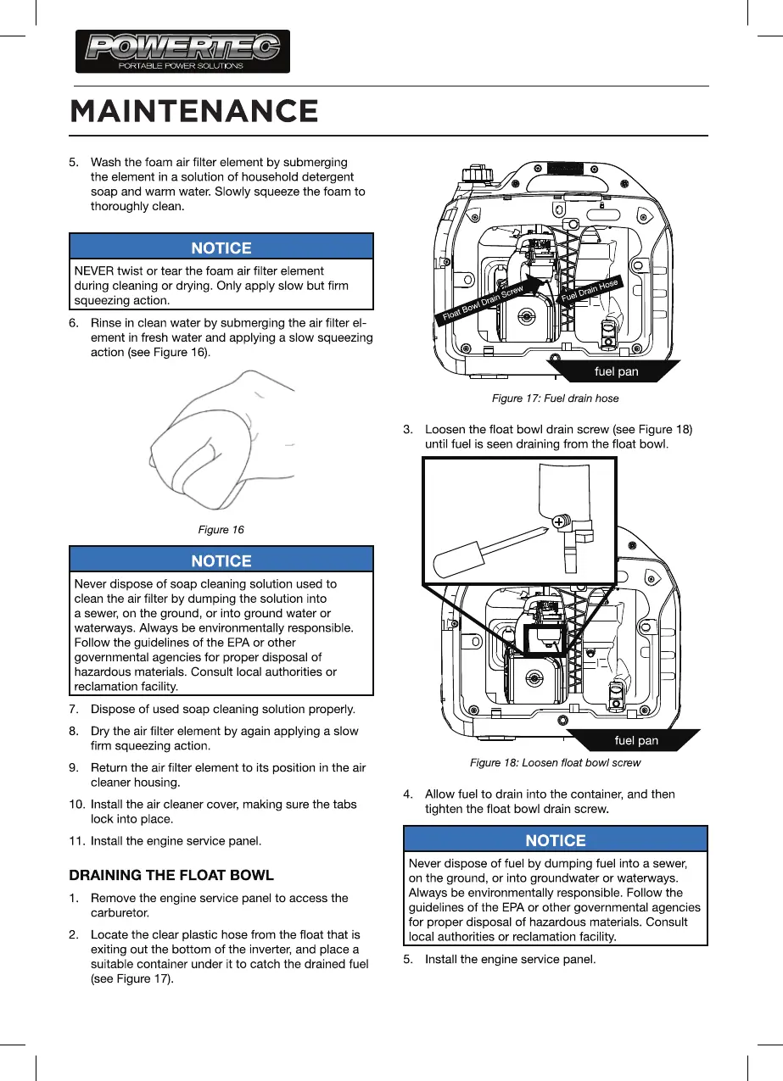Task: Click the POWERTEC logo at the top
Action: click(182, 51)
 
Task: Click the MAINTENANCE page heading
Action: click(194, 111)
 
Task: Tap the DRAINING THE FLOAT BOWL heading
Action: click(171, 874)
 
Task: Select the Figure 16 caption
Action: click(221, 530)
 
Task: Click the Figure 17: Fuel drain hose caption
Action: click(556, 398)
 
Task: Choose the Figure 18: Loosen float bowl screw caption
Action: click(555, 763)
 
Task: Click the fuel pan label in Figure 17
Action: click(616, 371)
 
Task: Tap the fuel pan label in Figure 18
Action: click(635, 740)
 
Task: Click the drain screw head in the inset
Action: click(559, 523)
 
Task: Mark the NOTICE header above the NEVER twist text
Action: click(221, 248)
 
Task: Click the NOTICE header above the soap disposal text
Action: click(221, 560)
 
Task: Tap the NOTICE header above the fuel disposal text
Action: click(556, 840)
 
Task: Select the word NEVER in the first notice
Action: click(96, 270)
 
